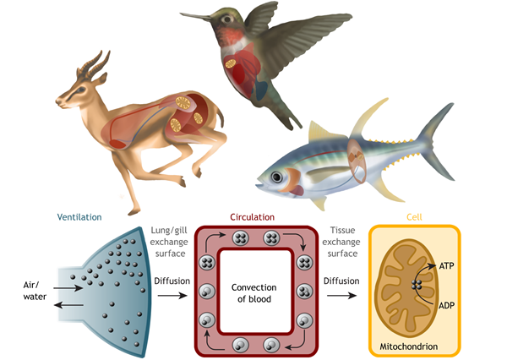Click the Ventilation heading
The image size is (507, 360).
tap(79, 217)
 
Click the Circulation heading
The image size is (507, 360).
tap(252, 217)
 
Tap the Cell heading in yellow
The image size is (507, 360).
tap(414, 217)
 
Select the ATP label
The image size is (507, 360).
tap(446, 266)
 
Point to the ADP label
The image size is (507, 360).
tap(446, 305)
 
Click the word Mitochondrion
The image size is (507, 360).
tap(409, 346)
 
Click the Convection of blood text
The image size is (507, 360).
tap(254, 293)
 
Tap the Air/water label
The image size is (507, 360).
tap(35, 291)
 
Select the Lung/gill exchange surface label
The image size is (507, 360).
tap(169, 242)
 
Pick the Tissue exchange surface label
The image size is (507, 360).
tap(341, 242)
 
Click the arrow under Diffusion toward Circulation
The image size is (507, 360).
tap(172, 295)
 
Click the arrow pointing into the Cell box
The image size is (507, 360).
tap(341, 295)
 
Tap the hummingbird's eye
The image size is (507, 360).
tap(227, 19)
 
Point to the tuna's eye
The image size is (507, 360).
tap(277, 177)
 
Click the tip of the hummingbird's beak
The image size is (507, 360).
tap(181, 14)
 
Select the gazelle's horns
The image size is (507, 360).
tap(95, 64)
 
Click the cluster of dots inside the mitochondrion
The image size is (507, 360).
tap(417, 285)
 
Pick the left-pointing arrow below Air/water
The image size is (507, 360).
tap(68, 305)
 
